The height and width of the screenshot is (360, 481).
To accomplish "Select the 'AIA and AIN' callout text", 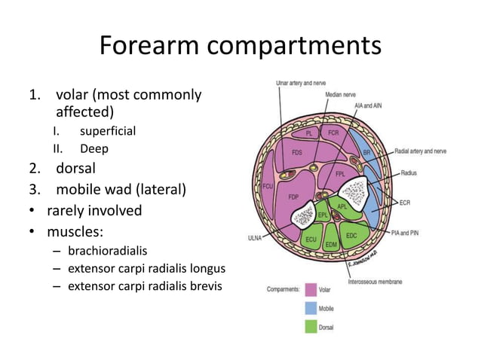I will (368, 106).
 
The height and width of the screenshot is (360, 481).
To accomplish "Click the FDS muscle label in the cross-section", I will (298, 152).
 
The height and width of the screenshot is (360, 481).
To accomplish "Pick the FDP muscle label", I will (294, 197).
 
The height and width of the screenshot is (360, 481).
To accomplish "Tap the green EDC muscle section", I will (351, 235).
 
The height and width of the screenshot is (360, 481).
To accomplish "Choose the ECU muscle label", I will (310, 239).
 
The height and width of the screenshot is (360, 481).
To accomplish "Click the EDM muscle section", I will (330, 245).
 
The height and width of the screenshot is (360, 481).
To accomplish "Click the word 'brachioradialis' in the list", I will (109, 249).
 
